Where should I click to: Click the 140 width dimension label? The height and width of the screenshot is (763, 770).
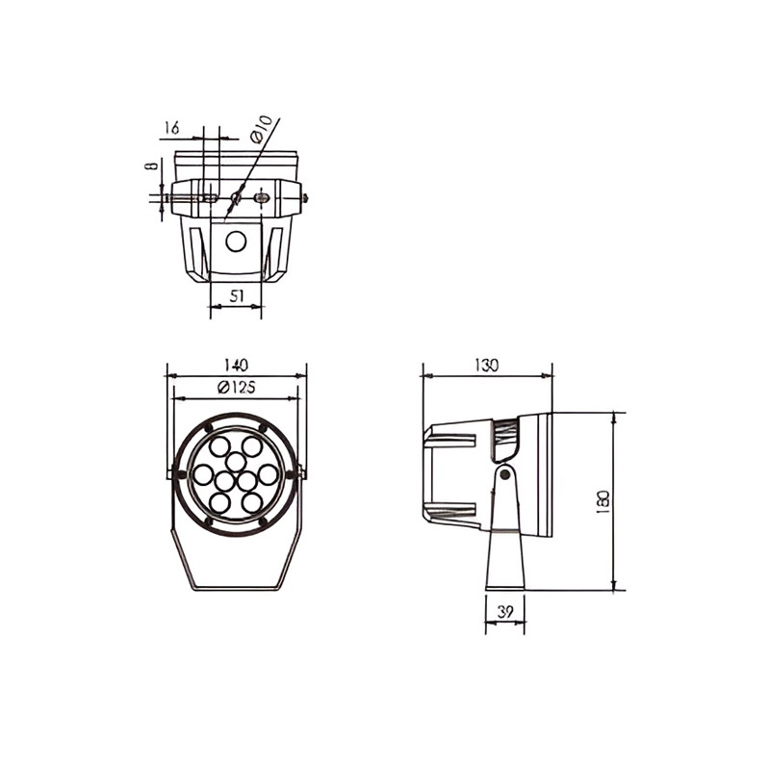click(x=236, y=366)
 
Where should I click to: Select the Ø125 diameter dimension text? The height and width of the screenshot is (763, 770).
click(x=236, y=388)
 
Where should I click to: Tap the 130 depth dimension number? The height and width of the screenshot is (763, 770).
click(x=487, y=366)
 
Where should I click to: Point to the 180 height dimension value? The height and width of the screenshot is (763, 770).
click(x=603, y=502)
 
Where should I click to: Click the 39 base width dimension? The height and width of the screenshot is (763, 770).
click(x=504, y=612)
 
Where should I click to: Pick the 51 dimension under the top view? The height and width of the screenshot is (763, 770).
click(x=237, y=295)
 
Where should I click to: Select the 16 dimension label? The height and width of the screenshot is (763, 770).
click(x=172, y=128)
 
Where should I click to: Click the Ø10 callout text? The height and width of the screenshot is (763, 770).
click(x=260, y=129)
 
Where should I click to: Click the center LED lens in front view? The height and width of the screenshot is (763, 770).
click(x=236, y=462)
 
